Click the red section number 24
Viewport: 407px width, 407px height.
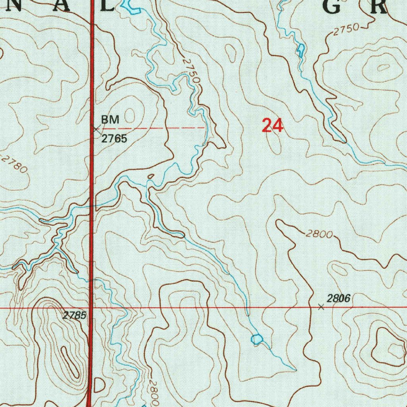(272, 126)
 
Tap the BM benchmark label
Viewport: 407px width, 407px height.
(110, 119)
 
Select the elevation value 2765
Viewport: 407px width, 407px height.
(114, 139)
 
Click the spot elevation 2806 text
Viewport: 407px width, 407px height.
(339, 298)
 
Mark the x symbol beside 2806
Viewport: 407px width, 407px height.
(321, 307)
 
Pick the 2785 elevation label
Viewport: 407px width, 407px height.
(74, 316)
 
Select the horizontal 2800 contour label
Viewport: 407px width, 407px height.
(319, 234)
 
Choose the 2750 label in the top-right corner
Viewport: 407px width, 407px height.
(346, 30)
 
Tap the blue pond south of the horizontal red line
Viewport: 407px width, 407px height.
(257, 339)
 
